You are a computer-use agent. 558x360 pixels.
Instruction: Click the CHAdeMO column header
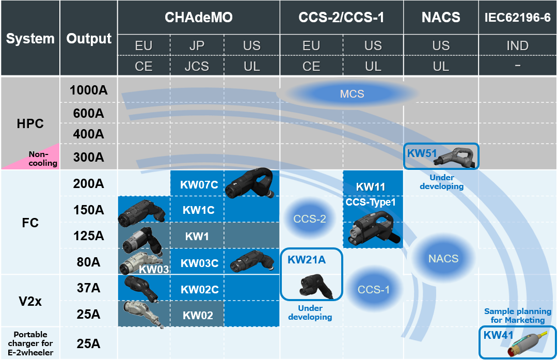click(199, 18)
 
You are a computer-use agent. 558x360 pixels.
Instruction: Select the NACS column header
click(441, 18)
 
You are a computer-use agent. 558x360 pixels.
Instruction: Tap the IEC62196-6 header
click(517, 18)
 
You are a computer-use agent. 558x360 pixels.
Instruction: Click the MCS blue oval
click(352, 94)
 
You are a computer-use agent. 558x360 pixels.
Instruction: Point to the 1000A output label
click(89, 90)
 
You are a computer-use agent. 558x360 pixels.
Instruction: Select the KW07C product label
click(199, 184)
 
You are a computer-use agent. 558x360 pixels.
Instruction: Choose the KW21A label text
click(307, 260)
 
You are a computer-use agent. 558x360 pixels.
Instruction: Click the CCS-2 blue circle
click(310, 219)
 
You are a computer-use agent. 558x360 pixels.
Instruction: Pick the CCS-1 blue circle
click(374, 289)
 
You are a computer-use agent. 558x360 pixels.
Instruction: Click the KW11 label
click(371, 187)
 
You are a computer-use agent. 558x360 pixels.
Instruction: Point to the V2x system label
click(30, 301)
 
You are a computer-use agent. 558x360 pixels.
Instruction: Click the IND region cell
click(517, 45)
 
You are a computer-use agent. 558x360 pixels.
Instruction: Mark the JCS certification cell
click(197, 66)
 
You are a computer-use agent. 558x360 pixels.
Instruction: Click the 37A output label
click(89, 288)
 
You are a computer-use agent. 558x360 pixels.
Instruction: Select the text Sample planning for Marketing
click(517, 316)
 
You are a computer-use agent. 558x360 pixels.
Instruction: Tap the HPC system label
click(30, 124)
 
